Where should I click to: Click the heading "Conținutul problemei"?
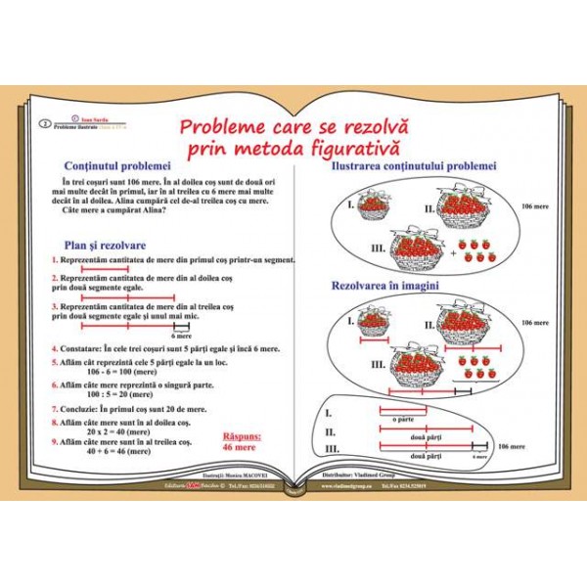pyautogui.click(x=116, y=166)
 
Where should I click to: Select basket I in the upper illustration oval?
pyautogui.click(x=371, y=206)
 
